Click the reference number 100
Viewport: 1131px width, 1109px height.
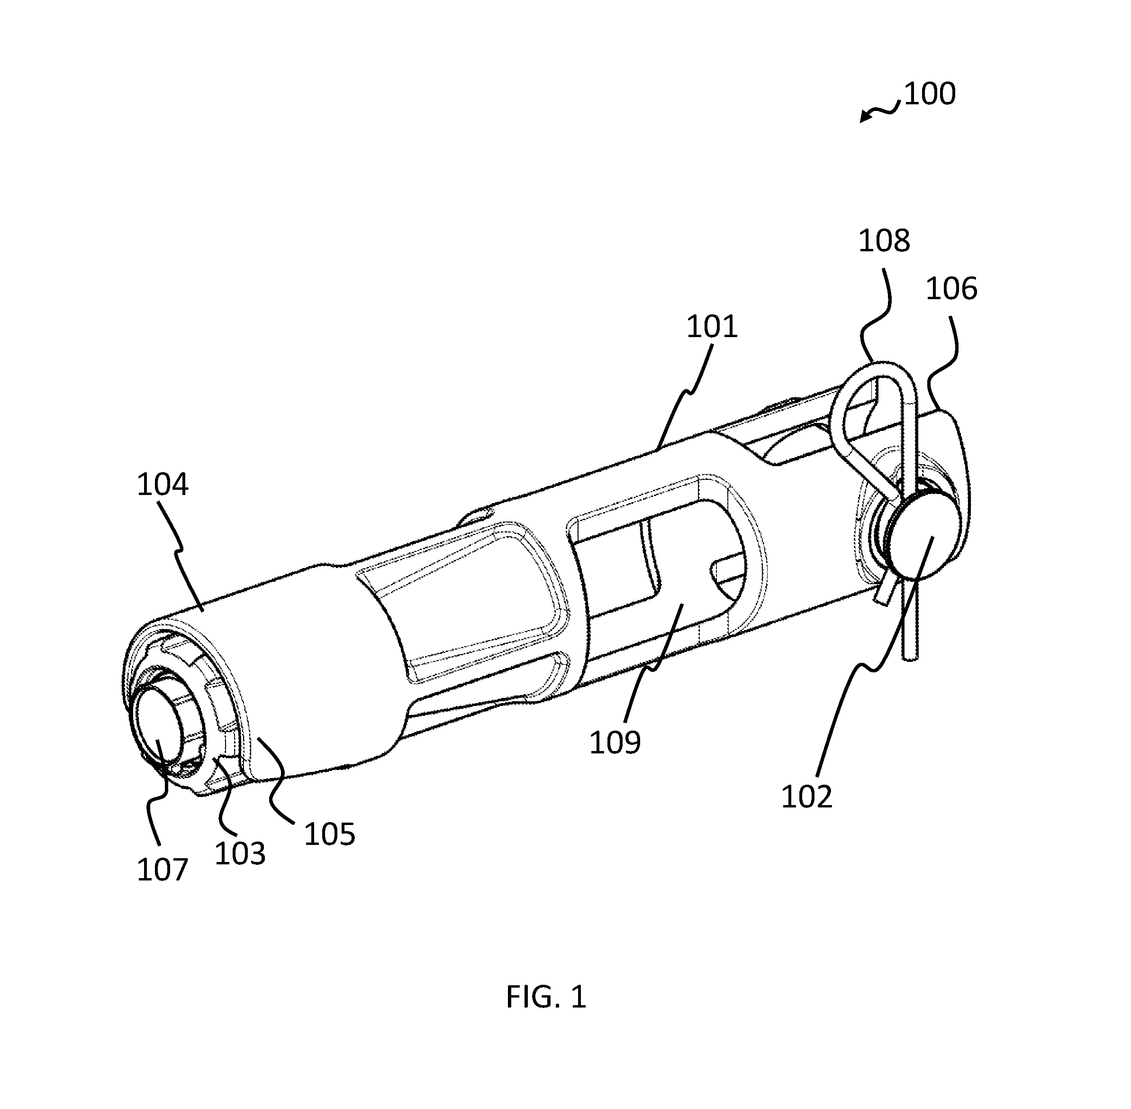point(930,94)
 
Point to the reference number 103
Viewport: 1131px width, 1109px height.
point(240,853)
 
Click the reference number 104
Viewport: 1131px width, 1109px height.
point(163,485)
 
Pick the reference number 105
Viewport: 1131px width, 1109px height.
point(329,834)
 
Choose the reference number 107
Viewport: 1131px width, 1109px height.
point(163,870)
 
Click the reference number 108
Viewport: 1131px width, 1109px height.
point(884,240)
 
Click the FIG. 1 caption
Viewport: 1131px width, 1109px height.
point(546,997)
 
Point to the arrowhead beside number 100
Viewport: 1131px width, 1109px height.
point(866,117)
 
